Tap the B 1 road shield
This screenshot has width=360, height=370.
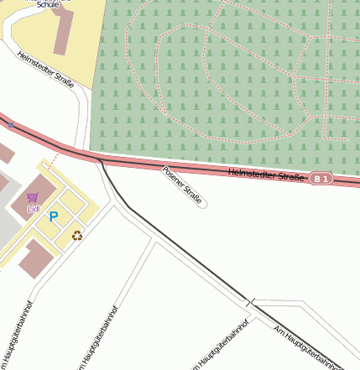(321, 179)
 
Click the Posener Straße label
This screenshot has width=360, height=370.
(182, 186)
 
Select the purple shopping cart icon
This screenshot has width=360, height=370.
(33, 197)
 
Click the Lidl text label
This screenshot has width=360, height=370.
(34, 207)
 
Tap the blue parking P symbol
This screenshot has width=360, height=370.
(54, 216)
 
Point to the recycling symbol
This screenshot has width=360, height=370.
(77, 237)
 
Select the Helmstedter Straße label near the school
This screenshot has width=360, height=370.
(45, 69)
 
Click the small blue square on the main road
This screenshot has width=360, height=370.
(11, 124)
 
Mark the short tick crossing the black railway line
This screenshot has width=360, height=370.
(250, 300)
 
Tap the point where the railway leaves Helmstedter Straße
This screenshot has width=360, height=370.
(100, 159)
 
